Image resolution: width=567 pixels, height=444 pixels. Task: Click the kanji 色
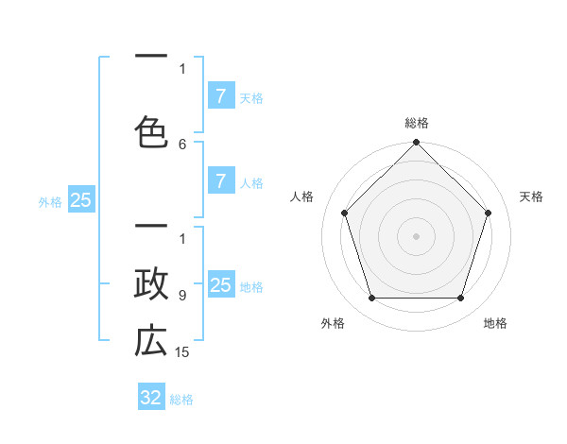[151, 131]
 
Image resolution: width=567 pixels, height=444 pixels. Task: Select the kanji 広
[151, 341]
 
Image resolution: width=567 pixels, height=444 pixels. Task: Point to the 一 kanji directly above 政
[151, 228]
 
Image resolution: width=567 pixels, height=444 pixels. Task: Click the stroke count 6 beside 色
[182, 145]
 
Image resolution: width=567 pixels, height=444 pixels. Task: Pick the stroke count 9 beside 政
[182, 296]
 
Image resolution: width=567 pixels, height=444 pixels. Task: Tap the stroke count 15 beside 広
[183, 352]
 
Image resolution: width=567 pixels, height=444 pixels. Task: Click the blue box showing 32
[151, 398]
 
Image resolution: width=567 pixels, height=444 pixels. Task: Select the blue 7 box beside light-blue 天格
[220, 96]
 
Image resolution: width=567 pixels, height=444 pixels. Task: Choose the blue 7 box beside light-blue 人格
[220, 181]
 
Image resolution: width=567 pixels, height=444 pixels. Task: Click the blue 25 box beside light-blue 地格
[220, 286]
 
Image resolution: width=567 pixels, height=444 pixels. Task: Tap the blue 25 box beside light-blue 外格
[80, 200]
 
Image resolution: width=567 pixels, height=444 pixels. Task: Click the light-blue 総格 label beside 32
[181, 400]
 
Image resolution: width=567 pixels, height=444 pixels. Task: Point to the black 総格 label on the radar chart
[417, 123]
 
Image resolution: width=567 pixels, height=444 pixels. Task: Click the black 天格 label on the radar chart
[531, 196]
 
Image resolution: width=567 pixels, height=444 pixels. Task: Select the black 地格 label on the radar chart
[495, 324]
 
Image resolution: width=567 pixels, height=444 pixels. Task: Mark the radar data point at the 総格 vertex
[417, 144]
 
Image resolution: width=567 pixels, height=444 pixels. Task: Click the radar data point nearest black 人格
[345, 213]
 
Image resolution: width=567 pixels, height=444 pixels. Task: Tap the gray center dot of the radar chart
[417, 236]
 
